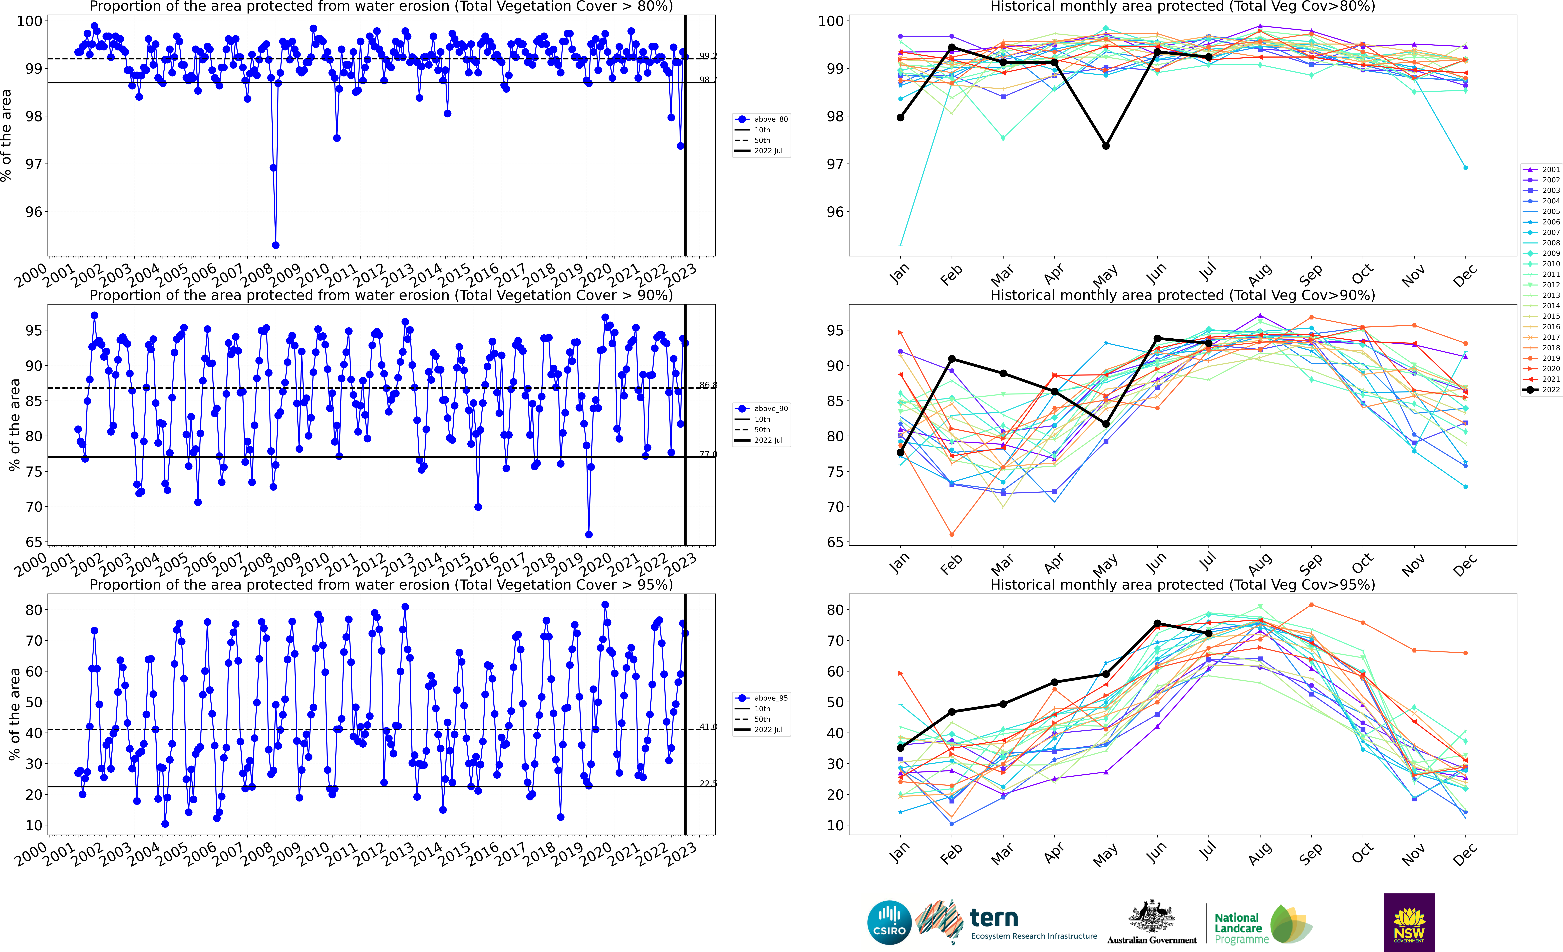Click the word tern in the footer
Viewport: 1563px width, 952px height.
[994, 918]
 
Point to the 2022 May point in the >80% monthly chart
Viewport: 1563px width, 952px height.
[1106, 146]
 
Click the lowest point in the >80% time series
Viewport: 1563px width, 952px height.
[275, 245]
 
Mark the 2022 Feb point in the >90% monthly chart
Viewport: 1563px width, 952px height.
[952, 359]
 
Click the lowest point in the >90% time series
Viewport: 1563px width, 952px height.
[589, 534]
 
